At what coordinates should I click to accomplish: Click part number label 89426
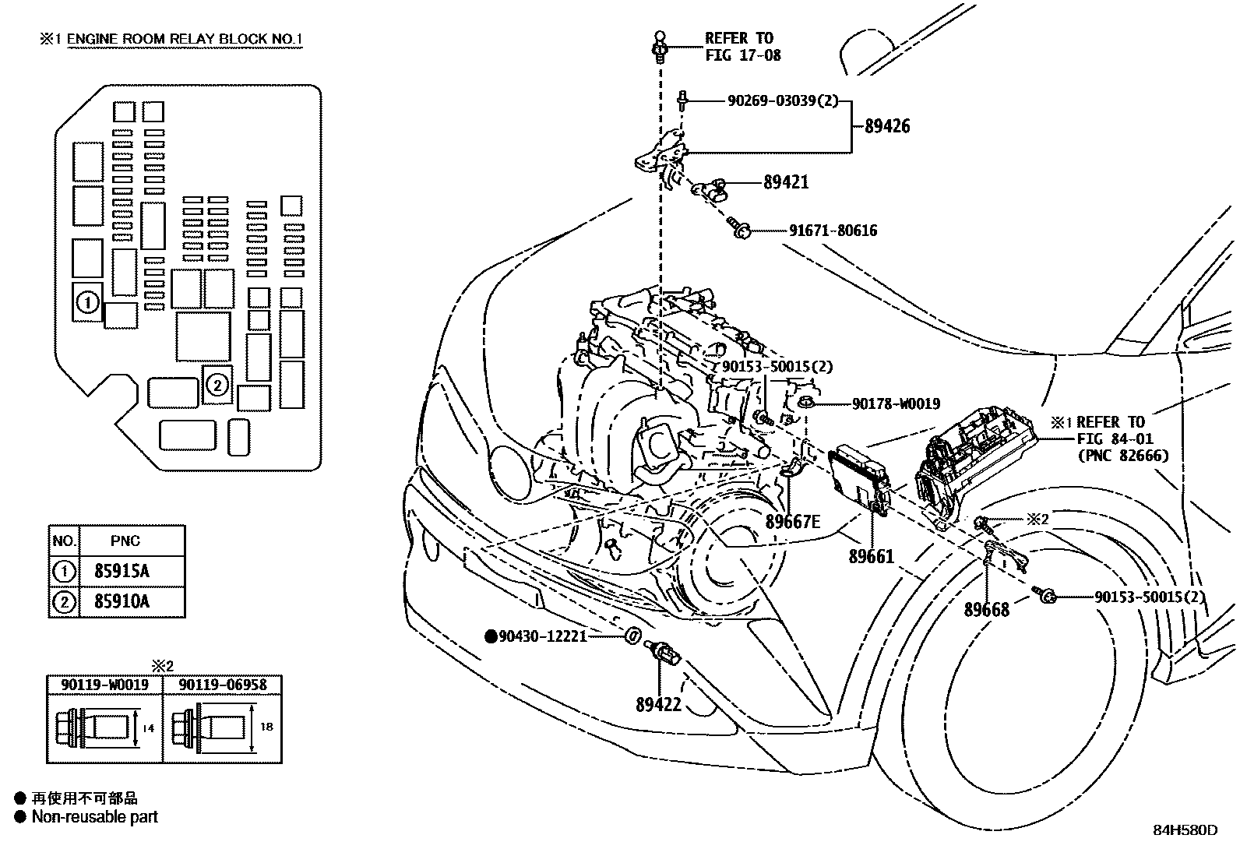[887, 126]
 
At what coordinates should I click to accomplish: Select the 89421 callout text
[786, 182]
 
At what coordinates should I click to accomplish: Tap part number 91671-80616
[833, 231]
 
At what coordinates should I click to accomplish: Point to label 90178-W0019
[896, 403]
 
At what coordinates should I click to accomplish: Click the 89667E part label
[793, 521]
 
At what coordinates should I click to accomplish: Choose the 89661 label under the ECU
[871, 557]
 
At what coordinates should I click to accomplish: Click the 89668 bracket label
[986, 610]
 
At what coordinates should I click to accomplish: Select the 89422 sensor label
[658, 705]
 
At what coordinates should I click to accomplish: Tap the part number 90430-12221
[542, 636]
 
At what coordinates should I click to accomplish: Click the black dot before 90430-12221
[491, 636]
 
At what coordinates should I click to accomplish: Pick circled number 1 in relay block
[88, 302]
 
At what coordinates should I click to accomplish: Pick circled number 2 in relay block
[218, 383]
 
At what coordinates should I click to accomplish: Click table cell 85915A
[122, 571]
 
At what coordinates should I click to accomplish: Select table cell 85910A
[122, 601]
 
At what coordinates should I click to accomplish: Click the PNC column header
[125, 541]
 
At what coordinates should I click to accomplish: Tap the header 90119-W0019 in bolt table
[104, 685]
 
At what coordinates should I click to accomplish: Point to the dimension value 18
[266, 726]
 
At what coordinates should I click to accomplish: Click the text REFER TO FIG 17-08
[742, 47]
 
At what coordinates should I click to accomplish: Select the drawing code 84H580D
[1185, 830]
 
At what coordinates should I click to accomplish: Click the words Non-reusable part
[94, 817]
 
